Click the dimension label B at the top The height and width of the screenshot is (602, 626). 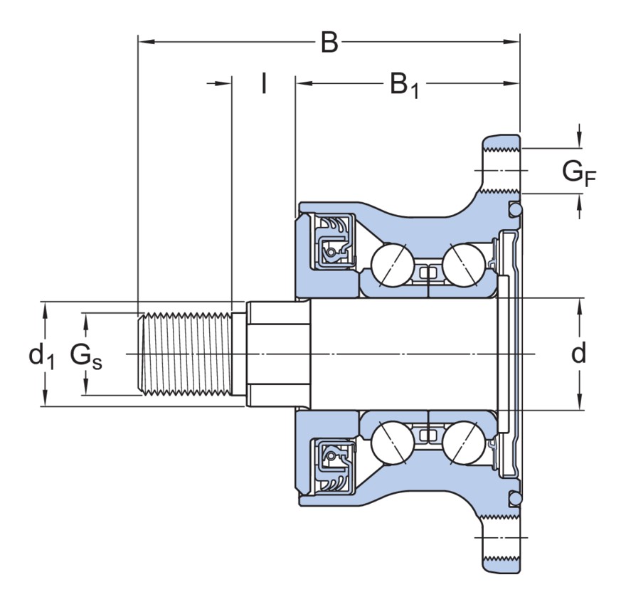[x=329, y=43]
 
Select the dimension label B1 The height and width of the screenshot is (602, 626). [x=403, y=85]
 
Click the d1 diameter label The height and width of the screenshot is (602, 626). [x=41, y=354]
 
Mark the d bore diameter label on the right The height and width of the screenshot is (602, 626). [x=580, y=353]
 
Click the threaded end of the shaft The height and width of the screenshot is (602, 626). [x=186, y=354]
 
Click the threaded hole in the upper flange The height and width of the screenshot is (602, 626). [x=503, y=171]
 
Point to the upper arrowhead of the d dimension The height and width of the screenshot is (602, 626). [x=580, y=305]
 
